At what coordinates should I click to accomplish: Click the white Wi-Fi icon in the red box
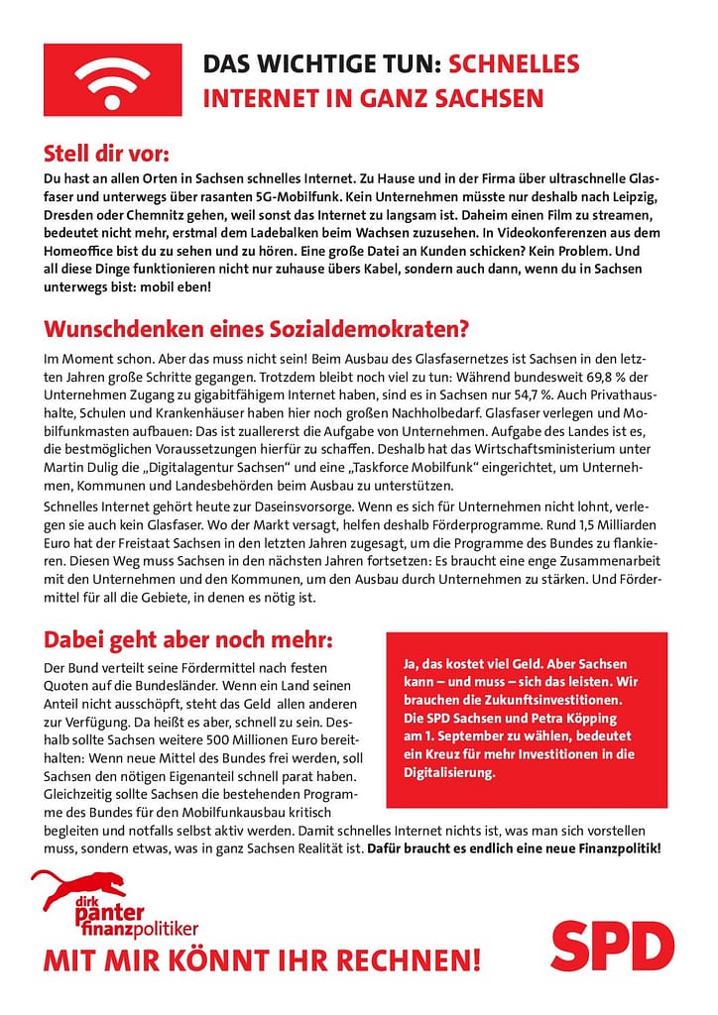tap(112, 79)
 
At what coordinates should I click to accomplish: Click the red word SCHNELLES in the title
tap(514, 65)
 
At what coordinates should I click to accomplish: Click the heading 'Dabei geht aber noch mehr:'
tap(188, 636)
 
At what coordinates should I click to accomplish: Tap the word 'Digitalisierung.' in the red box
tap(448, 771)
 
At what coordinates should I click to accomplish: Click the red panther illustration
tap(79, 888)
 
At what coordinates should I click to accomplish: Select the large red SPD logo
tap(612, 946)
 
